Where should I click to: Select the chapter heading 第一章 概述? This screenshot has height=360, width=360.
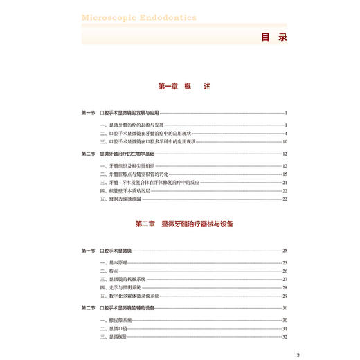(183, 87)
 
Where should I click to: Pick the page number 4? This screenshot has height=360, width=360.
(285, 133)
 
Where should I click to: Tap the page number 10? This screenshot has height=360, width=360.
(284, 141)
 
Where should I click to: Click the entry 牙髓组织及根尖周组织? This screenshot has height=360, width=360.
(123, 166)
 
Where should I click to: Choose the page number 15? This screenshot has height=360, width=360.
(284, 174)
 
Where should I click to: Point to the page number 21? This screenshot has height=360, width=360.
(284, 183)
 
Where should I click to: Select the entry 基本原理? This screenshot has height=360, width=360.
(111, 263)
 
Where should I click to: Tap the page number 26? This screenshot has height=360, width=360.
(284, 271)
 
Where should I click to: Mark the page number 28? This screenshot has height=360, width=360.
(284, 287)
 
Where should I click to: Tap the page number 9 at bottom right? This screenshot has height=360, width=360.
(297, 354)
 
